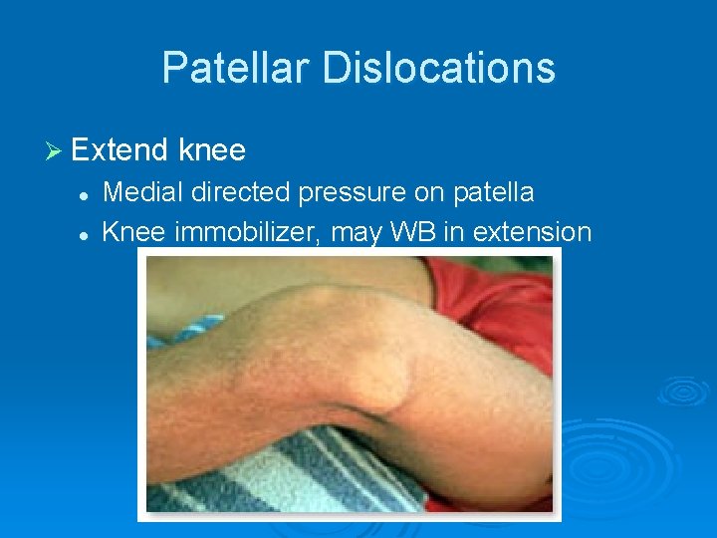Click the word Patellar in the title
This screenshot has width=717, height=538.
pos(230,68)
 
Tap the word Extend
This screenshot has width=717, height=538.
pos(120,150)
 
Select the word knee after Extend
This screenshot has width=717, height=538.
pos(211,150)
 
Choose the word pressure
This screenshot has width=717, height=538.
pos(355,193)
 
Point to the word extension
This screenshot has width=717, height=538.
pos(533,232)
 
